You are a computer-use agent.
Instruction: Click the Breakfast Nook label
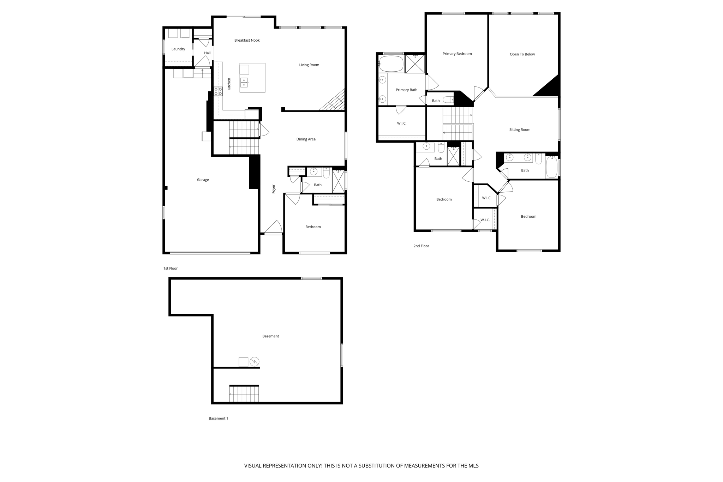point(247,41)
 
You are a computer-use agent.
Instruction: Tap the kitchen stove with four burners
point(218,91)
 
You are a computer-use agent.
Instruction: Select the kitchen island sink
point(244,83)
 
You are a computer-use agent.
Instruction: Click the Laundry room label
point(178,49)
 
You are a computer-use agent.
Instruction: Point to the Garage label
point(203,180)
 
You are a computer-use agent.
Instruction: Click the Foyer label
point(274,189)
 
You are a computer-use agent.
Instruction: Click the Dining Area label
point(306,139)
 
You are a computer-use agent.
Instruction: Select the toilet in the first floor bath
point(326,173)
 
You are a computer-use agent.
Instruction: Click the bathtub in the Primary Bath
point(391,64)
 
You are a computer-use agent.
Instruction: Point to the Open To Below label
point(522,54)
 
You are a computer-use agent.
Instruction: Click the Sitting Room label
point(520,130)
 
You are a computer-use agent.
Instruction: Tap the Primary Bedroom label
point(457,54)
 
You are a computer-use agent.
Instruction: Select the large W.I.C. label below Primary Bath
point(402,123)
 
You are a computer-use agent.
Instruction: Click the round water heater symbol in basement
point(255,362)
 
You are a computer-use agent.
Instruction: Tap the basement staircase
point(244,394)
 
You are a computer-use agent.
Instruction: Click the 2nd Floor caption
point(421,246)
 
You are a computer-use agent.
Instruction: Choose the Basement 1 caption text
point(218,418)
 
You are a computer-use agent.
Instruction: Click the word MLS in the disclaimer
point(473,466)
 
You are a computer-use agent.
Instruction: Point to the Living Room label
point(309,65)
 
